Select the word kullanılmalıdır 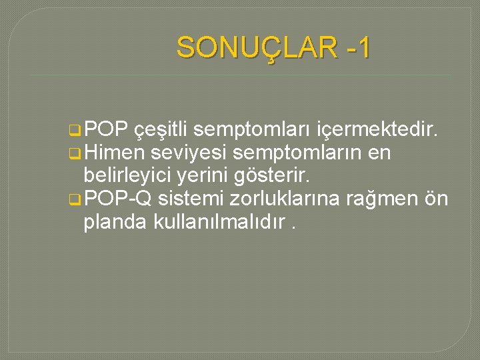[x=220, y=221]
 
